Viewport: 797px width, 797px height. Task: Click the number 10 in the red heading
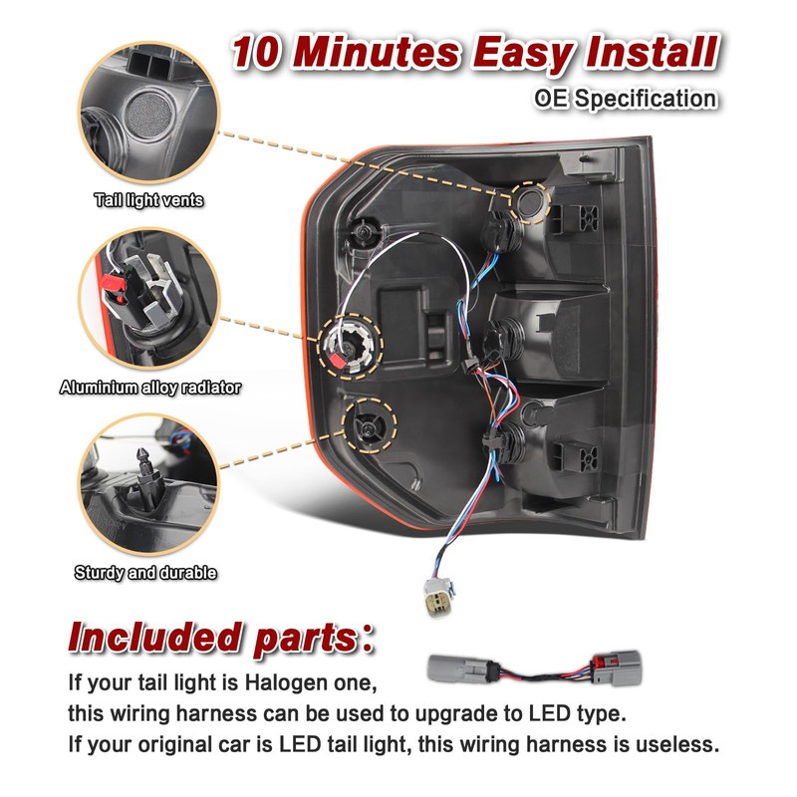(256, 52)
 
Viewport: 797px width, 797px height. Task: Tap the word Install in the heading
(652, 51)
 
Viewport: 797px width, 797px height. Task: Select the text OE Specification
(626, 99)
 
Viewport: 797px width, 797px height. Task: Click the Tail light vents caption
(148, 200)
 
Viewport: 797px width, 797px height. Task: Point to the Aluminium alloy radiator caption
(149, 388)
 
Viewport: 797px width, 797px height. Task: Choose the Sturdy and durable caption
(145, 573)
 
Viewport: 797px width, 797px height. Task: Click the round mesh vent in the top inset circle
(148, 115)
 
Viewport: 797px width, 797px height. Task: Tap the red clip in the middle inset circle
(115, 285)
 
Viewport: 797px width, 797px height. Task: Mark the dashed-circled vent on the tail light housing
(529, 203)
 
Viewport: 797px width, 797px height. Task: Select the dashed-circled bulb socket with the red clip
(350, 346)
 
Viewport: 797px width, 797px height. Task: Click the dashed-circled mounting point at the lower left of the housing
(369, 426)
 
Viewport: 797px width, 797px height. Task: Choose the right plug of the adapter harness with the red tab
(616, 667)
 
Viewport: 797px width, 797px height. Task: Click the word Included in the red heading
(154, 638)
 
